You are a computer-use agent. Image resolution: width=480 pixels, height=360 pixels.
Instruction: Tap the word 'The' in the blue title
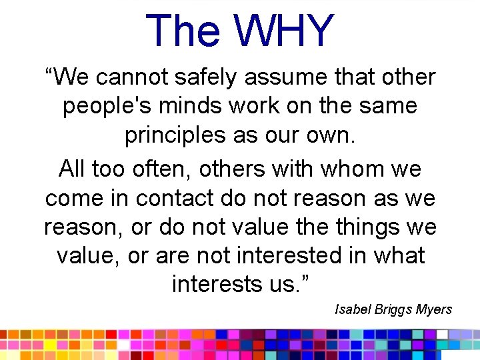tap(185, 31)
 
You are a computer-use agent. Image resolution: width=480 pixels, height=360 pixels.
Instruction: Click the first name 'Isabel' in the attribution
tap(351, 309)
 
